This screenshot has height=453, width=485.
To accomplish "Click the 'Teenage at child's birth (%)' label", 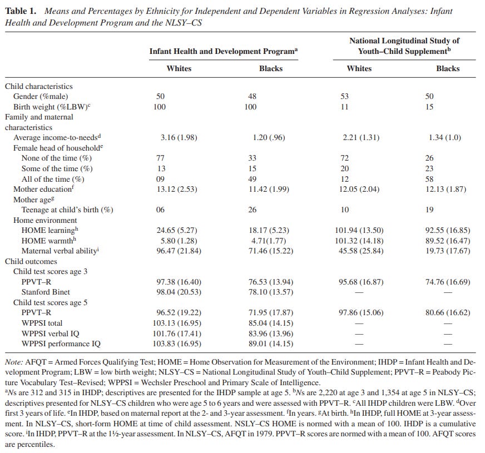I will (x=67, y=210).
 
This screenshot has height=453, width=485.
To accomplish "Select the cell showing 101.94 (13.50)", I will (x=359, y=230).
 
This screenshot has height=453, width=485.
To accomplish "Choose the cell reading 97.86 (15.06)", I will (x=359, y=312).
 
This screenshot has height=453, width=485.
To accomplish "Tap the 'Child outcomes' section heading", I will (x=31, y=261).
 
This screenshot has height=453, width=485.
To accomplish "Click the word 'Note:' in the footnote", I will (x=14, y=362).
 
